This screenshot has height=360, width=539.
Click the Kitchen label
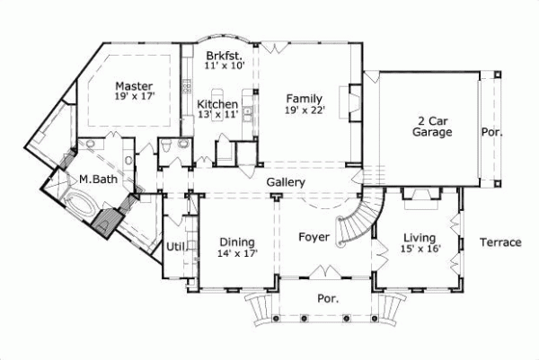pyautogui.click(x=216, y=104)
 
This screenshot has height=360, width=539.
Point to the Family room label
pyautogui.click(x=305, y=99)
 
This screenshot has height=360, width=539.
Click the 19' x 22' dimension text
pyautogui.click(x=305, y=110)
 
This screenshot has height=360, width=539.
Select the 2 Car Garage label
pyautogui.click(x=431, y=126)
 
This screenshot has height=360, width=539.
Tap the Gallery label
pyautogui.click(x=287, y=182)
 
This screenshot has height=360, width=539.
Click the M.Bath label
pyautogui.click(x=95, y=179)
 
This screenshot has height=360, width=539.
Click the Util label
pyautogui.click(x=174, y=245)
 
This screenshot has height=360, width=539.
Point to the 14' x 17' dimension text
pyautogui.click(x=237, y=253)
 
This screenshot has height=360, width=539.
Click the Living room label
pyautogui.click(x=420, y=237)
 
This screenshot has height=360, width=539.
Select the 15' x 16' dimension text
pyautogui.click(x=420, y=249)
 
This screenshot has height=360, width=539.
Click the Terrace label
pyautogui.click(x=499, y=242)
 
